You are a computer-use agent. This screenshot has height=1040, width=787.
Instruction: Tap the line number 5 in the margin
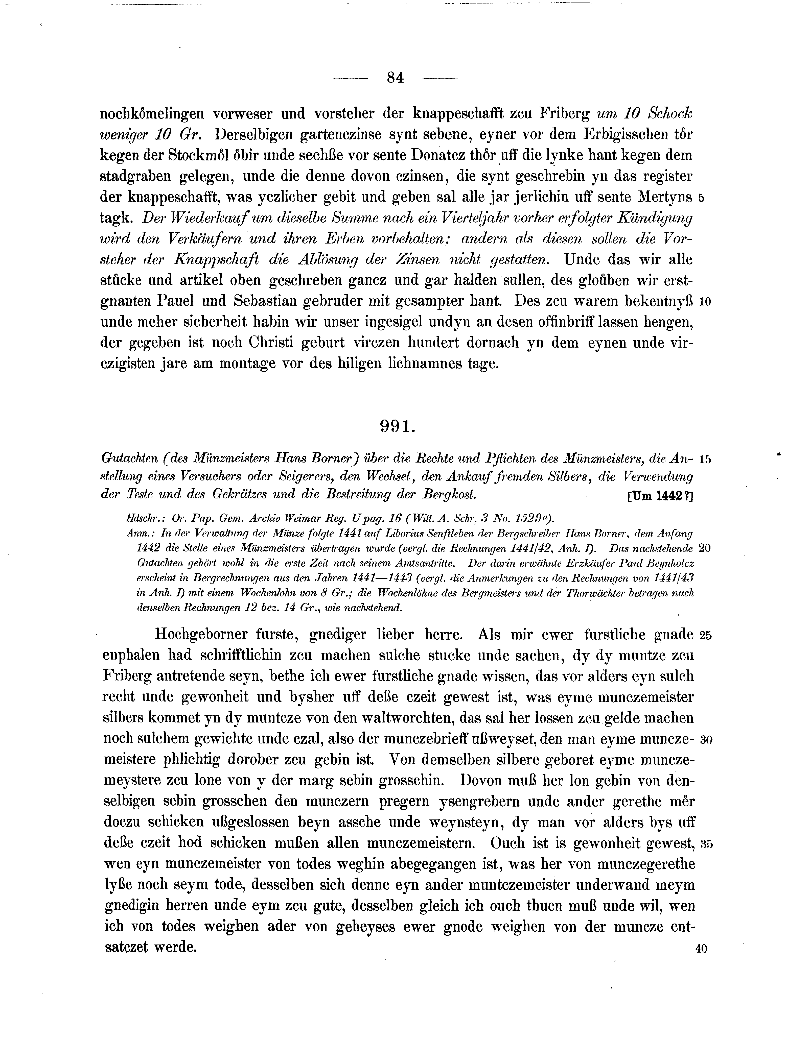[701, 198]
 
